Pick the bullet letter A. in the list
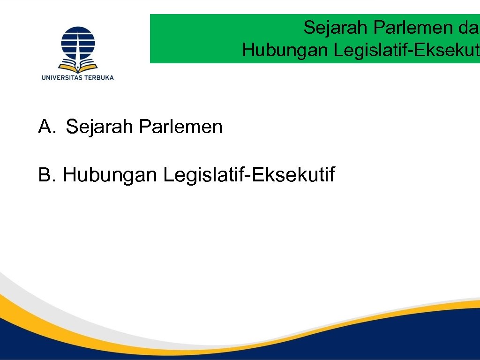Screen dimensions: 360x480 click(47, 127)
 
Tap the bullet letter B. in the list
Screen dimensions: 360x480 click(47, 175)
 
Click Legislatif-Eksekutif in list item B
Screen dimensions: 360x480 click(248, 175)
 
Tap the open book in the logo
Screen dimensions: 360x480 click(78, 64)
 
